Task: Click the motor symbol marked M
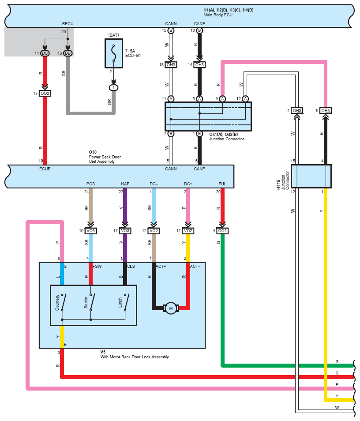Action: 171,308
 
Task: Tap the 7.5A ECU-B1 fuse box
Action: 114,53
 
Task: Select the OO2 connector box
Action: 45,94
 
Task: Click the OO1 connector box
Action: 222,231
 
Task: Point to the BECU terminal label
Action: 67,24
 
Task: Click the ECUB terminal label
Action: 45,169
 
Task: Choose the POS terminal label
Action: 90,184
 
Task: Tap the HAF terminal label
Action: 125,184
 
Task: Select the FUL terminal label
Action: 222,184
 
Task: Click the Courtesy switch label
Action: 57,302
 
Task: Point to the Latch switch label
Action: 120,302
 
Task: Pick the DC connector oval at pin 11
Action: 45,53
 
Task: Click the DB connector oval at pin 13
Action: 67,53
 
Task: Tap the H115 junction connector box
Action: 311,176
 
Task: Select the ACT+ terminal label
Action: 161,267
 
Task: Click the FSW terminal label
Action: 97,267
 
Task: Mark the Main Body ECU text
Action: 217,15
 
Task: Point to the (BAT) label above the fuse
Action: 113,35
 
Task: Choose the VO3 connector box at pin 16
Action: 90,231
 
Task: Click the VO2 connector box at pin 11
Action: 188,231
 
